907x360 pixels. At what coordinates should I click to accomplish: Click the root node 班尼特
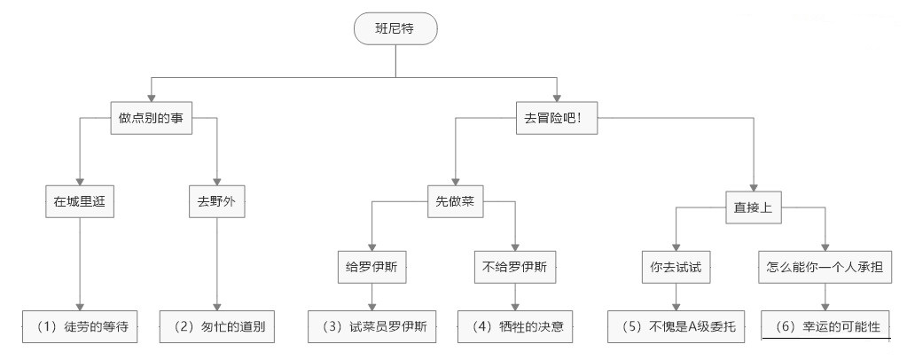[395, 30]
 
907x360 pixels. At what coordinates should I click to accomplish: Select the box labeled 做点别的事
[151, 119]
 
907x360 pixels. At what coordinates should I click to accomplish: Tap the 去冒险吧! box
[558, 119]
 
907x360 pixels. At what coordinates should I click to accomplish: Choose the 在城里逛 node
[80, 201]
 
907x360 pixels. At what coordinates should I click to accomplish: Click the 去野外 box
[216, 201]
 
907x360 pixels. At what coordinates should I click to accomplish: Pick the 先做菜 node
[456, 201]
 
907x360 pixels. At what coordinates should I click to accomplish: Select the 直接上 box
[753, 207]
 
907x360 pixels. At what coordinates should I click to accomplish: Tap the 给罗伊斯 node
[371, 267]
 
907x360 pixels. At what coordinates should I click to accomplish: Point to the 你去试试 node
[676, 267]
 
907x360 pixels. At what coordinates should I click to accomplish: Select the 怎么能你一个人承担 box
[824, 267]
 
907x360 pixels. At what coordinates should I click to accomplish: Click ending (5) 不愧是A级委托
[677, 326]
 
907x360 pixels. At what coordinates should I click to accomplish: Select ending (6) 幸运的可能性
[825, 326]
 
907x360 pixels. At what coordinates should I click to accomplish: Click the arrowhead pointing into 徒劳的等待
[81, 306]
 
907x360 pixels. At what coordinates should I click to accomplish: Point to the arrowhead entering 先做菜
[456, 181]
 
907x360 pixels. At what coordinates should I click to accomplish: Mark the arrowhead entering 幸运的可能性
[825, 306]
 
